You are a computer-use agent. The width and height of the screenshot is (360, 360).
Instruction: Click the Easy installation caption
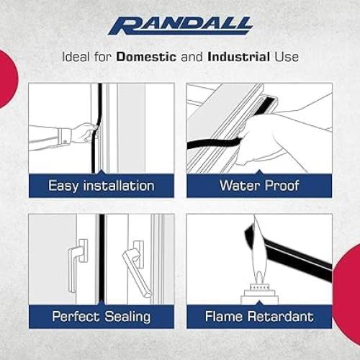pyautogui.click(x=102, y=186)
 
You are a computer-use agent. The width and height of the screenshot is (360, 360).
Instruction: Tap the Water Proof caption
pyautogui.click(x=259, y=186)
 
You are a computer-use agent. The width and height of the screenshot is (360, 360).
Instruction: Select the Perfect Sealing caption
pyautogui.click(x=102, y=316)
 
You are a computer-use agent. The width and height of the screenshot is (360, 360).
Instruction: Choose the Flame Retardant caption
pyautogui.click(x=259, y=316)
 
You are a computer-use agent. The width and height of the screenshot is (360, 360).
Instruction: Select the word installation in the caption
pyautogui.click(x=117, y=186)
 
